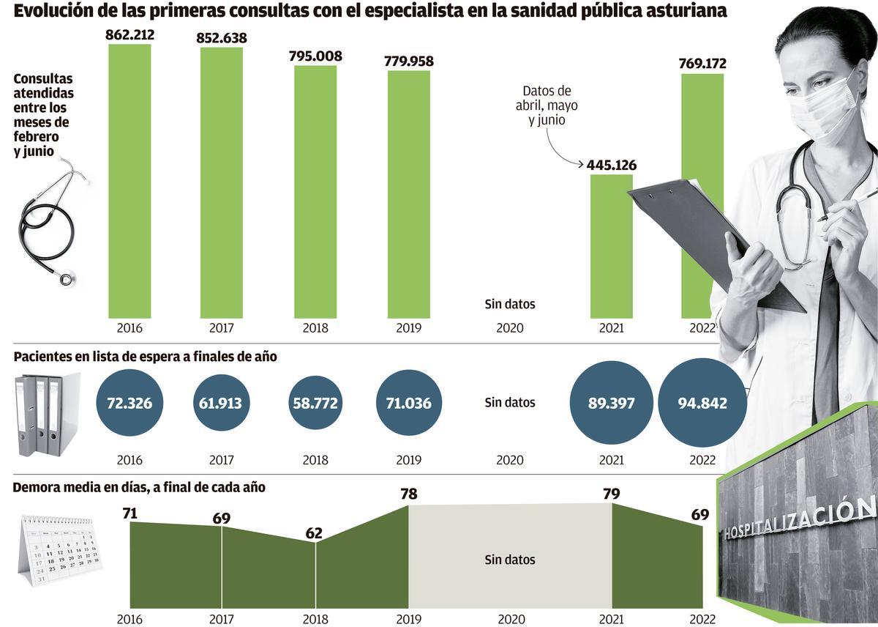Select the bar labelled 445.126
(x=611, y=245)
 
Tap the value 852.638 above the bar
(x=222, y=38)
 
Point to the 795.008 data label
(x=315, y=56)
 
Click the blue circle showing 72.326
(x=130, y=403)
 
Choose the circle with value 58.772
(x=315, y=403)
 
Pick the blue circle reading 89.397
(x=611, y=403)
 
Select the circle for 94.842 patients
(x=702, y=403)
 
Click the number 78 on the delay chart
(x=409, y=494)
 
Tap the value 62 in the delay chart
(x=315, y=533)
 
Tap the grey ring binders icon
(x=45, y=414)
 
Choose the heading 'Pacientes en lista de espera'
(x=145, y=357)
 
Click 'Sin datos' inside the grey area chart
(x=510, y=560)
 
